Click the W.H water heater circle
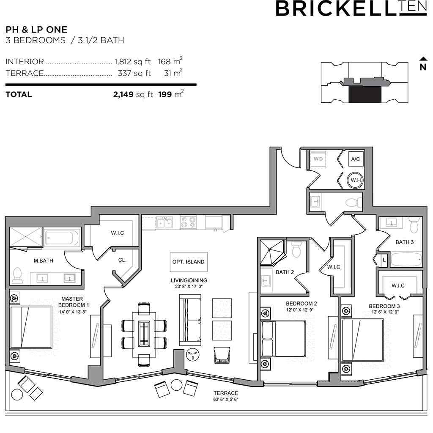pos(355,180)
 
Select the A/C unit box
pos(356,159)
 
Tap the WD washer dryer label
pos(318,159)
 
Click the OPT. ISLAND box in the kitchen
pos(189,262)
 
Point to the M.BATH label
pos(44,260)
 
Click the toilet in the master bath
pos(17,275)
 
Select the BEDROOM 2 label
pos(301,304)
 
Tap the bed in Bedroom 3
pos(362,340)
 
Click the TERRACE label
pos(226,393)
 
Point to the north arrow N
pos(423,64)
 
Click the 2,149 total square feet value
pos(123,94)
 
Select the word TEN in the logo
pos(413,7)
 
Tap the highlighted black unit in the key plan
pos(365,94)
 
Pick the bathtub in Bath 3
pos(406,259)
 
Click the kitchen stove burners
pos(188,222)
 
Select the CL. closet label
pos(122,260)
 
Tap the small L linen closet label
pos(384,260)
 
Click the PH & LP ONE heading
pos(36,30)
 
